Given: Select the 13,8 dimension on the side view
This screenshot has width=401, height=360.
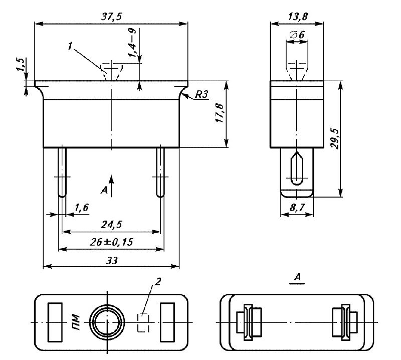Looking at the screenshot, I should point(298,17).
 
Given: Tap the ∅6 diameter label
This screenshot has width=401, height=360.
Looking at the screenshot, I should point(297,35).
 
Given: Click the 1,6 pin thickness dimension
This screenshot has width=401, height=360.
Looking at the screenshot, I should point(82,207).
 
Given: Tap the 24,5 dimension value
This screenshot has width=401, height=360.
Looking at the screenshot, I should point(111,224).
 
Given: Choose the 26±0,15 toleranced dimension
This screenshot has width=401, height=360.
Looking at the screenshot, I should point(111,242).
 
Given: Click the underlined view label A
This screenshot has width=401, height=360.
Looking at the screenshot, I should point(298,277).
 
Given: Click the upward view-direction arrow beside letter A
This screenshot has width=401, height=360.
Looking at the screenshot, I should point(113,185).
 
